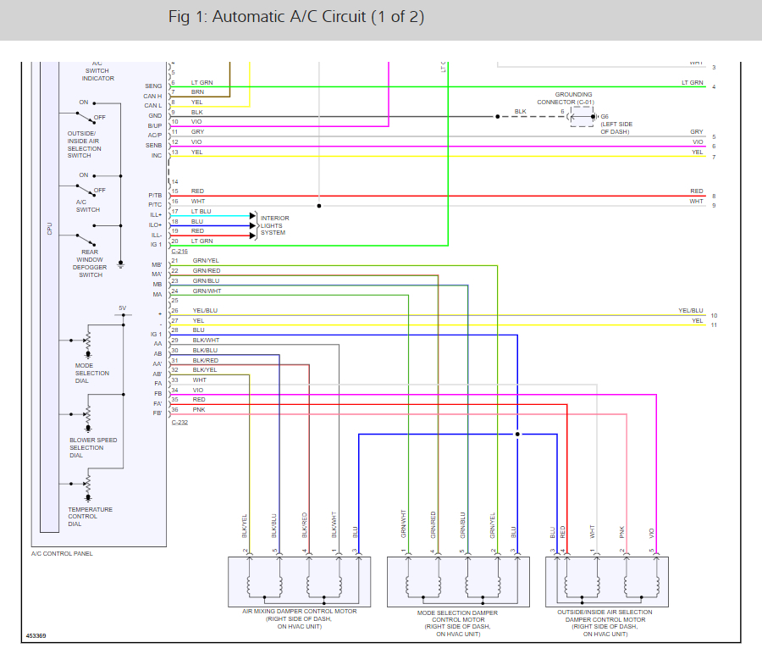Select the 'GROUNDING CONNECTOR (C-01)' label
click(x=573, y=98)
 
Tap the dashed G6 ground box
click(x=582, y=116)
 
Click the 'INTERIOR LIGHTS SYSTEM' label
click(x=274, y=225)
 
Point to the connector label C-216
click(x=179, y=252)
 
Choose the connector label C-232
click(x=179, y=422)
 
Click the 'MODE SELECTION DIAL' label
click(x=91, y=373)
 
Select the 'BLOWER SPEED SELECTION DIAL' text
click(x=93, y=447)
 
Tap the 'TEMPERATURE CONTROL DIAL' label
click(x=90, y=517)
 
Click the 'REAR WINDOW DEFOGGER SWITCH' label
click(x=90, y=267)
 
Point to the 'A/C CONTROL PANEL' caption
click(x=63, y=553)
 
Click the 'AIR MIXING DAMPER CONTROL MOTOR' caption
click(x=300, y=618)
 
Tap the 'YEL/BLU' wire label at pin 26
click(x=205, y=311)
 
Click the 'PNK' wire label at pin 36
click(x=198, y=409)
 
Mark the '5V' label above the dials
click(x=122, y=308)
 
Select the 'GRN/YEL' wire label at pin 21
click(x=206, y=261)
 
